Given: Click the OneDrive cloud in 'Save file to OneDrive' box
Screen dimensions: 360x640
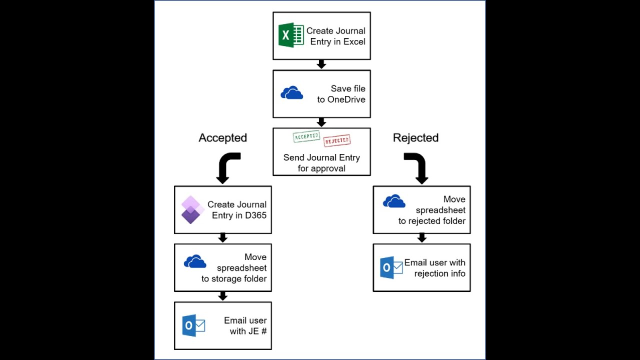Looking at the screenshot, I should (291, 93).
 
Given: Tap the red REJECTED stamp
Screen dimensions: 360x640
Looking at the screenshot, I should (336, 141).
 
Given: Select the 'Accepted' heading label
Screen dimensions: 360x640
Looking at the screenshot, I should (222, 138).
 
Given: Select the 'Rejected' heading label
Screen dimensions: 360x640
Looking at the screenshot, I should (415, 138).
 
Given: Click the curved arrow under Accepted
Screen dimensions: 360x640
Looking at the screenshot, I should (226, 167).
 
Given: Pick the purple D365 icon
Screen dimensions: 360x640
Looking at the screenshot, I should (191, 209).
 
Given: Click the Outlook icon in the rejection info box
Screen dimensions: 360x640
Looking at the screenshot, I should (391, 267).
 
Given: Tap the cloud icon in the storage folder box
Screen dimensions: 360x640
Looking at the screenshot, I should (195, 261).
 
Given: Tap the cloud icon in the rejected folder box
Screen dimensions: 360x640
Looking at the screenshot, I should (394, 201).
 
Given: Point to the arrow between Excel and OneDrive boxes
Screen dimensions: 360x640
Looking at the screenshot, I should (321, 64).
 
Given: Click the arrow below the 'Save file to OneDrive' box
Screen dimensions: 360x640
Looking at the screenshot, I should (321, 122).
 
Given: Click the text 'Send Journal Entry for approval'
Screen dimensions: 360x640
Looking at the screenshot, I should (321, 163).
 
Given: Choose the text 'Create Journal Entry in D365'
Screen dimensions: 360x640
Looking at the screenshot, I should (237, 210).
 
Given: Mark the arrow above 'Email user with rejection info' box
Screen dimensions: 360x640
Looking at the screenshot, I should (421, 238).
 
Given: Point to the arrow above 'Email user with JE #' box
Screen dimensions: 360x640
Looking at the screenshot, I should (223, 296).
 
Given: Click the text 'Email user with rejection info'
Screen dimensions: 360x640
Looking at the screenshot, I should (434, 268).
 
